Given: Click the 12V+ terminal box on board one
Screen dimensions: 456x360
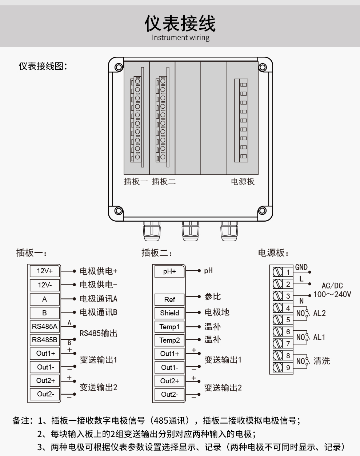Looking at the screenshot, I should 44,271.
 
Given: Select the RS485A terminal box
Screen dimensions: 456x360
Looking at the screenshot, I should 44,326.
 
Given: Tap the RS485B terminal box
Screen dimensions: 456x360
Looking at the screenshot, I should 44,340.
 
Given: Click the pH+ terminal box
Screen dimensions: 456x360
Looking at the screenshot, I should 169,271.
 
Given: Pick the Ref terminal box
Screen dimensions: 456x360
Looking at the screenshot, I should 169,299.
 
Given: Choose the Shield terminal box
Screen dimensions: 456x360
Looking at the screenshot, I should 169,313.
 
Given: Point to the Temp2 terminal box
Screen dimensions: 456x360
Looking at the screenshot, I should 169,340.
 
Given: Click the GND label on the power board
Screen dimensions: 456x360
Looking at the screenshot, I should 301,267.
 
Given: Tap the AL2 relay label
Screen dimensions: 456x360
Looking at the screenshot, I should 319,313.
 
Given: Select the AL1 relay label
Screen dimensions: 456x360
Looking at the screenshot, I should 319,337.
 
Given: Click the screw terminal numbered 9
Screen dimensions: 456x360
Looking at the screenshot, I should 283,367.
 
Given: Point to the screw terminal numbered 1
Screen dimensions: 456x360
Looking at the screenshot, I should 283,272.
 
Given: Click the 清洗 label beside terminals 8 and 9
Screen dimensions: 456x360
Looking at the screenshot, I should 321,361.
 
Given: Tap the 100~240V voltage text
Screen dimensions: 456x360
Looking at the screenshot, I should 332,294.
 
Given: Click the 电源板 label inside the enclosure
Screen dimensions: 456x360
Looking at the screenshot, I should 243,181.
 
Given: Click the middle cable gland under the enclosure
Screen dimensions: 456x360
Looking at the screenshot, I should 190,231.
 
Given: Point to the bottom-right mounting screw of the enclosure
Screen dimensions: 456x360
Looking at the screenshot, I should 262,210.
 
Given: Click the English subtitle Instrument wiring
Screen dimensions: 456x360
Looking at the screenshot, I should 180,37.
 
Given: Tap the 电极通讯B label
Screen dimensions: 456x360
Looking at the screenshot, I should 98,312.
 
